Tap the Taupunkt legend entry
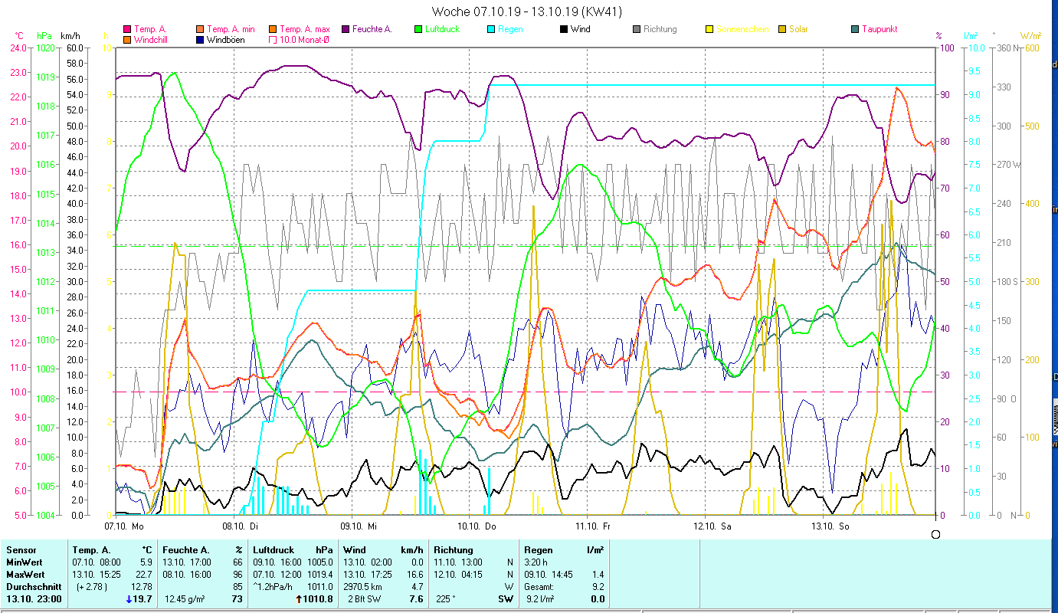[x=879, y=29]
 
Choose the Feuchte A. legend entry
[x=372, y=29]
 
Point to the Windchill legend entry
[x=152, y=39]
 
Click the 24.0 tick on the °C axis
[x=18, y=48]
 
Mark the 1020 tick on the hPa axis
[x=45, y=48]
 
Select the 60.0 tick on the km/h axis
[x=75, y=48]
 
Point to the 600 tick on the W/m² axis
[x=1030, y=48]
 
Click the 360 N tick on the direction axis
[x=1006, y=48]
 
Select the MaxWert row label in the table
[x=25, y=574]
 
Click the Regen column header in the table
[x=537, y=549]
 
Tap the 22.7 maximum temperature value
[x=145, y=574]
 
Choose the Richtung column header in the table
[x=454, y=549]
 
